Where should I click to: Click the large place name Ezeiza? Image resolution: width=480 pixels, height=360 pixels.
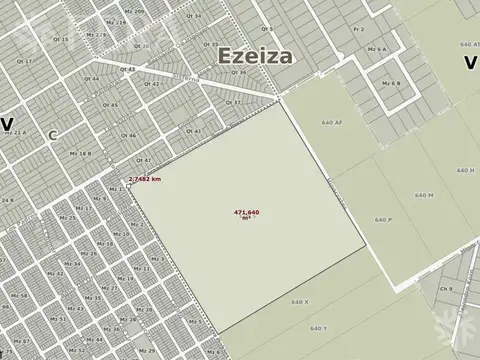coord(250,54)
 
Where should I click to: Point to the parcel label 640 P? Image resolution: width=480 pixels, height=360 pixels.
coord(383,219)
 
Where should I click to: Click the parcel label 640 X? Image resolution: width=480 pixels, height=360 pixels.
coord(299,301)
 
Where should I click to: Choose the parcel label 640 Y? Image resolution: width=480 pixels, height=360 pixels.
coord(319,328)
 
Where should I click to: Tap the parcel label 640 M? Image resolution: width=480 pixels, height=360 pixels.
coord(410,195)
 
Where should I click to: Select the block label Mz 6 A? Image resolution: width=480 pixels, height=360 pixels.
coord(378,48)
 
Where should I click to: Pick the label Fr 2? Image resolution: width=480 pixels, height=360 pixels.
coord(358,31)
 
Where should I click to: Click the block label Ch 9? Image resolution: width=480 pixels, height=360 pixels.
coord(445,288)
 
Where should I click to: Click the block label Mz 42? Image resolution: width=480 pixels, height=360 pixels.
coord(56,274)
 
